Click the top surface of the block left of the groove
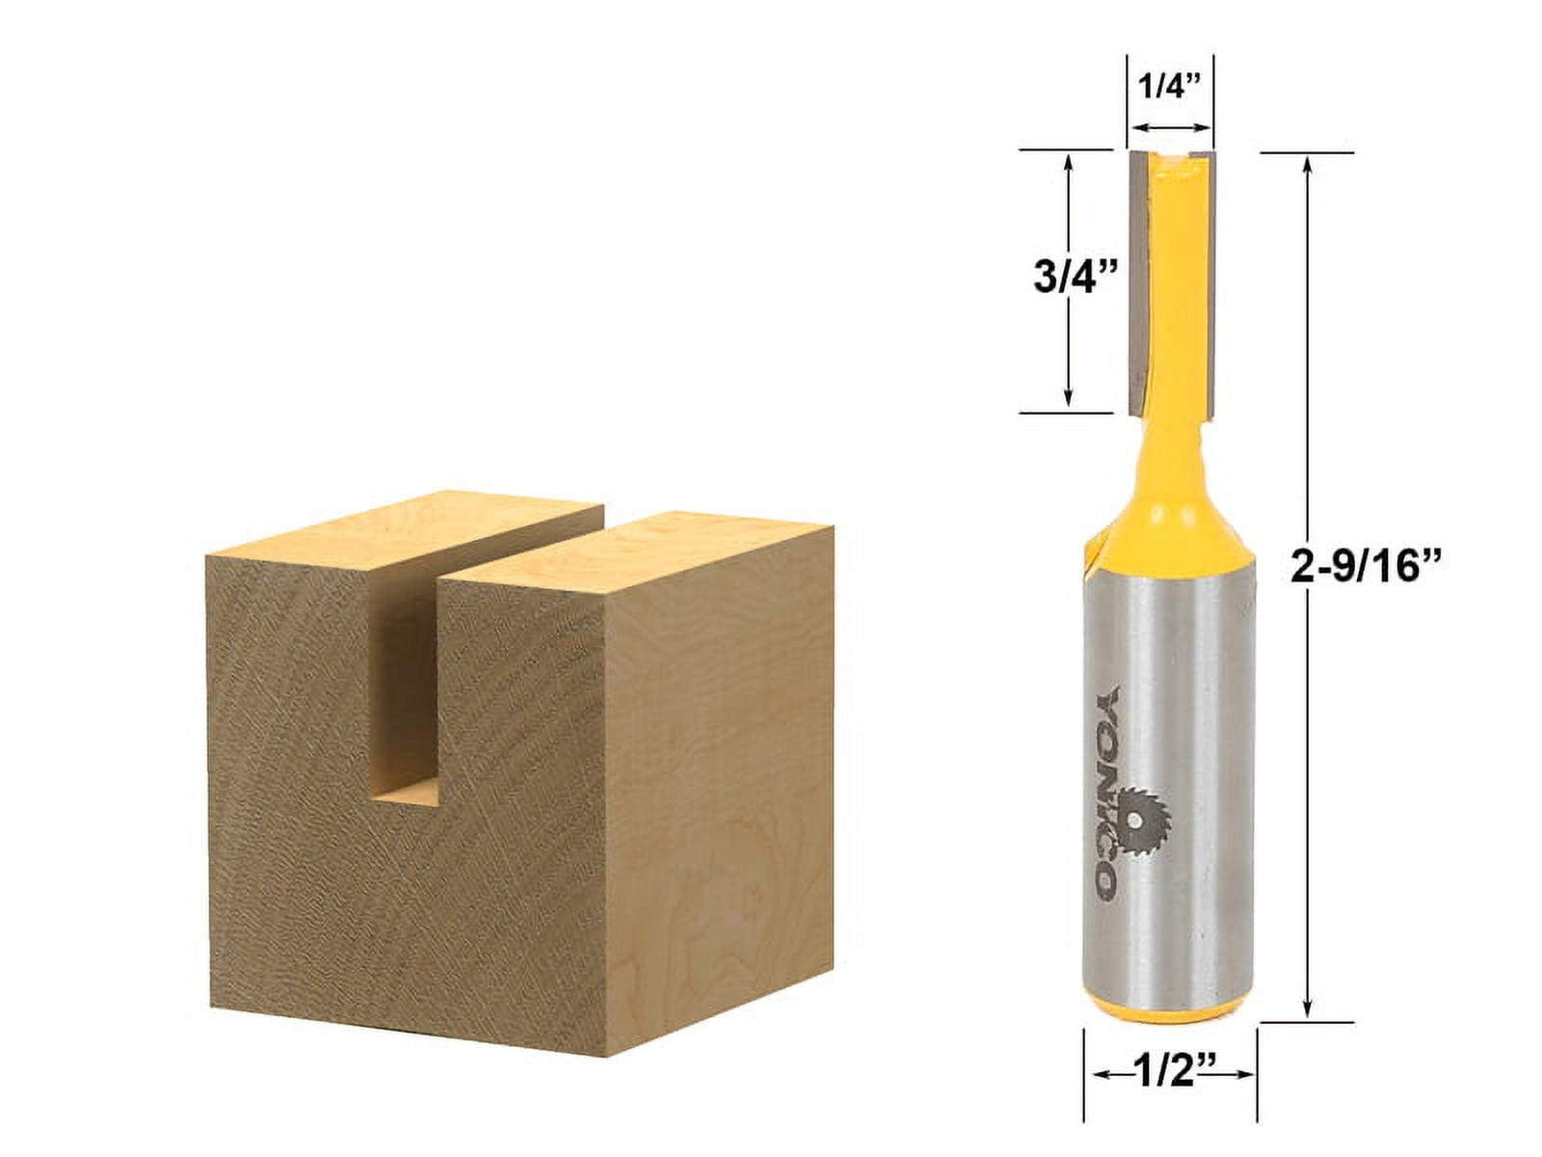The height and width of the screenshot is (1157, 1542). [x=405, y=535]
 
